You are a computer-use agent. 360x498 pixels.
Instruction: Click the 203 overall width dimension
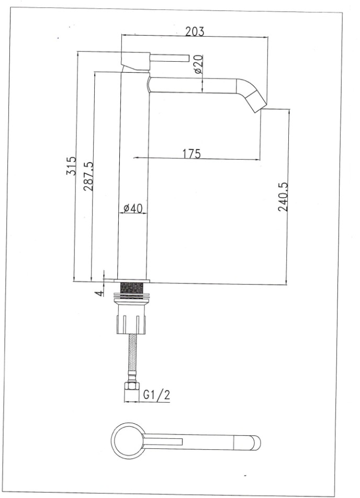(195, 31)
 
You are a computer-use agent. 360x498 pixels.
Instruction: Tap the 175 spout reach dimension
(192, 153)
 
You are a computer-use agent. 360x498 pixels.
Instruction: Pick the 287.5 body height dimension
(88, 176)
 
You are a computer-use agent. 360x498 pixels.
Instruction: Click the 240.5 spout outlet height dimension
(283, 197)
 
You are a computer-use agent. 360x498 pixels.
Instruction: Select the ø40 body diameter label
(133, 208)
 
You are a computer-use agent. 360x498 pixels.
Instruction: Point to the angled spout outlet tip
(256, 103)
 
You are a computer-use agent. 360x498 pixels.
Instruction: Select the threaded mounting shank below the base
(132, 287)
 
